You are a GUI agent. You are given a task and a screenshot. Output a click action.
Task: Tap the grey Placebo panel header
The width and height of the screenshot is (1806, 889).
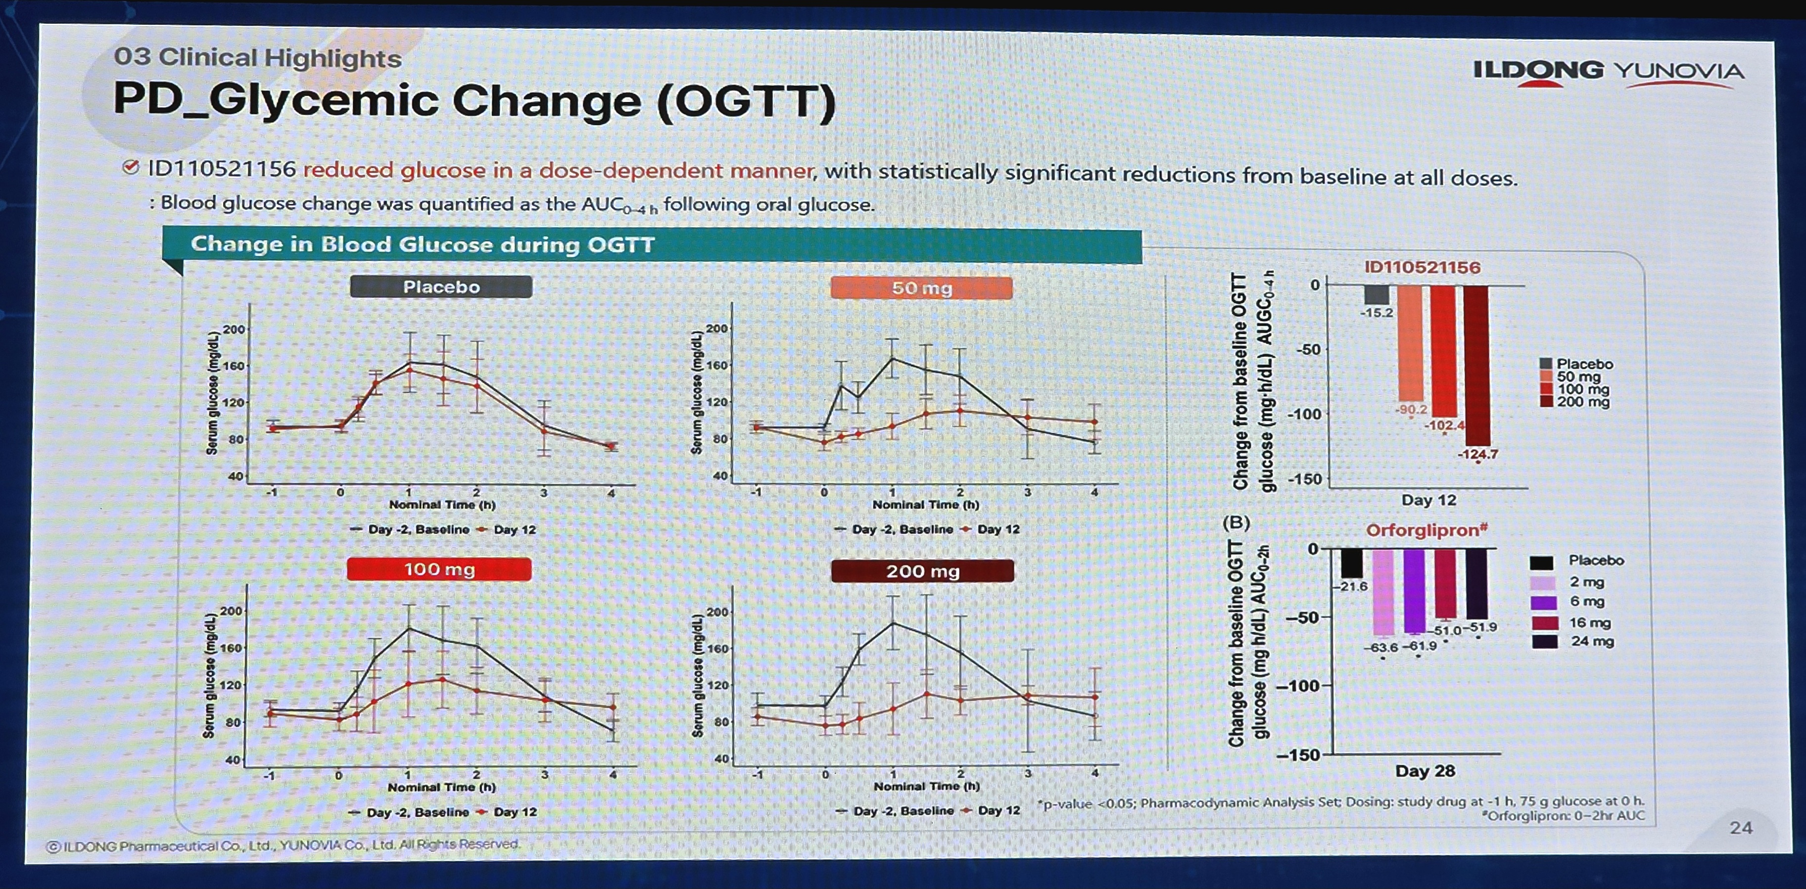tap(441, 287)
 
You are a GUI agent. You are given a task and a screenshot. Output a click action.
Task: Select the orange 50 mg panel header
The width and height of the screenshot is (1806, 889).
tap(921, 288)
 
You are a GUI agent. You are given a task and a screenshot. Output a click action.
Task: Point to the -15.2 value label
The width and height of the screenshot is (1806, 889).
tap(1376, 313)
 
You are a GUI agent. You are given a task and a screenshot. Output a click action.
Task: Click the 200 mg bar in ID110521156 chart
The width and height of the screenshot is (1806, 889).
tap(1476, 365)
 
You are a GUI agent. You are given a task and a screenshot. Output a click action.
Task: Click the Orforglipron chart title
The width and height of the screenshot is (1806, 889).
tap(1426, 530)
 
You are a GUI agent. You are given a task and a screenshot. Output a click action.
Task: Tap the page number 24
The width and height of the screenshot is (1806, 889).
tap(1741, 828)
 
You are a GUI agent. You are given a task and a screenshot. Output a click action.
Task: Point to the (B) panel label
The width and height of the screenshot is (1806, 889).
tap(1236, 522)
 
